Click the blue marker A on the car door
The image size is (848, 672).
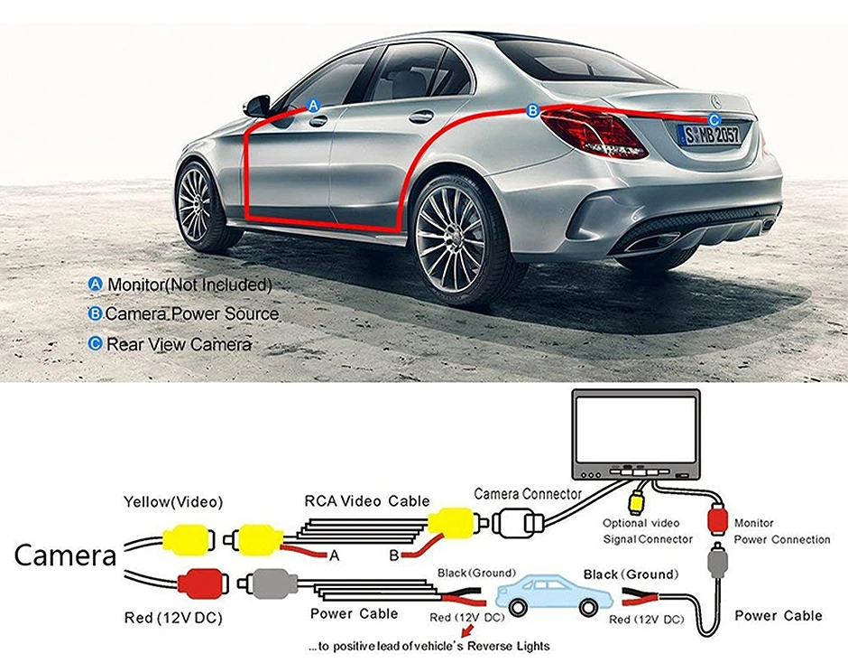coord(314,105)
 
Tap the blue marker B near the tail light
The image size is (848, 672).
coord(532,110)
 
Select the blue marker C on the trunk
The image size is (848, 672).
coord(714,119)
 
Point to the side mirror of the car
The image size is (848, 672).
coord(258,105)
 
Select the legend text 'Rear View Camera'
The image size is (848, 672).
coord(179,344)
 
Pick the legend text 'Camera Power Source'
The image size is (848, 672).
coord(191,314)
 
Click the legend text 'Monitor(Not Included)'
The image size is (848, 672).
coord(189,285)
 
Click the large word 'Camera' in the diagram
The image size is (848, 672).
coord(65,555)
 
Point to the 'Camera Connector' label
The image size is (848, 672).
coord(528,494)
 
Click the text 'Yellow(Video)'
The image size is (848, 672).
coord(173,501)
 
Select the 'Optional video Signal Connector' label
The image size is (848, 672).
coord(647,531)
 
